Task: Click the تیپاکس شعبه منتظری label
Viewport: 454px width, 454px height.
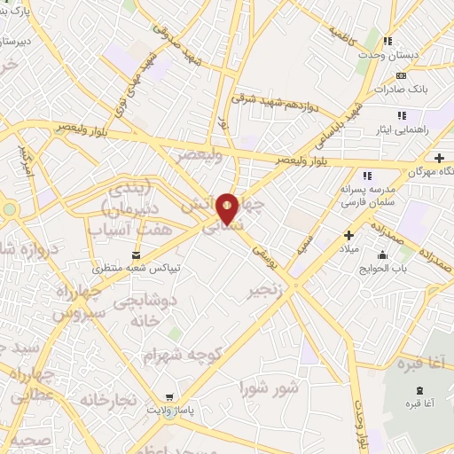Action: point(137,267)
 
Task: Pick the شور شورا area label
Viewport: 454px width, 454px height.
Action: point(270,388)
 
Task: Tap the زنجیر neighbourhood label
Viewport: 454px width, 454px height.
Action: point(266,290)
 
